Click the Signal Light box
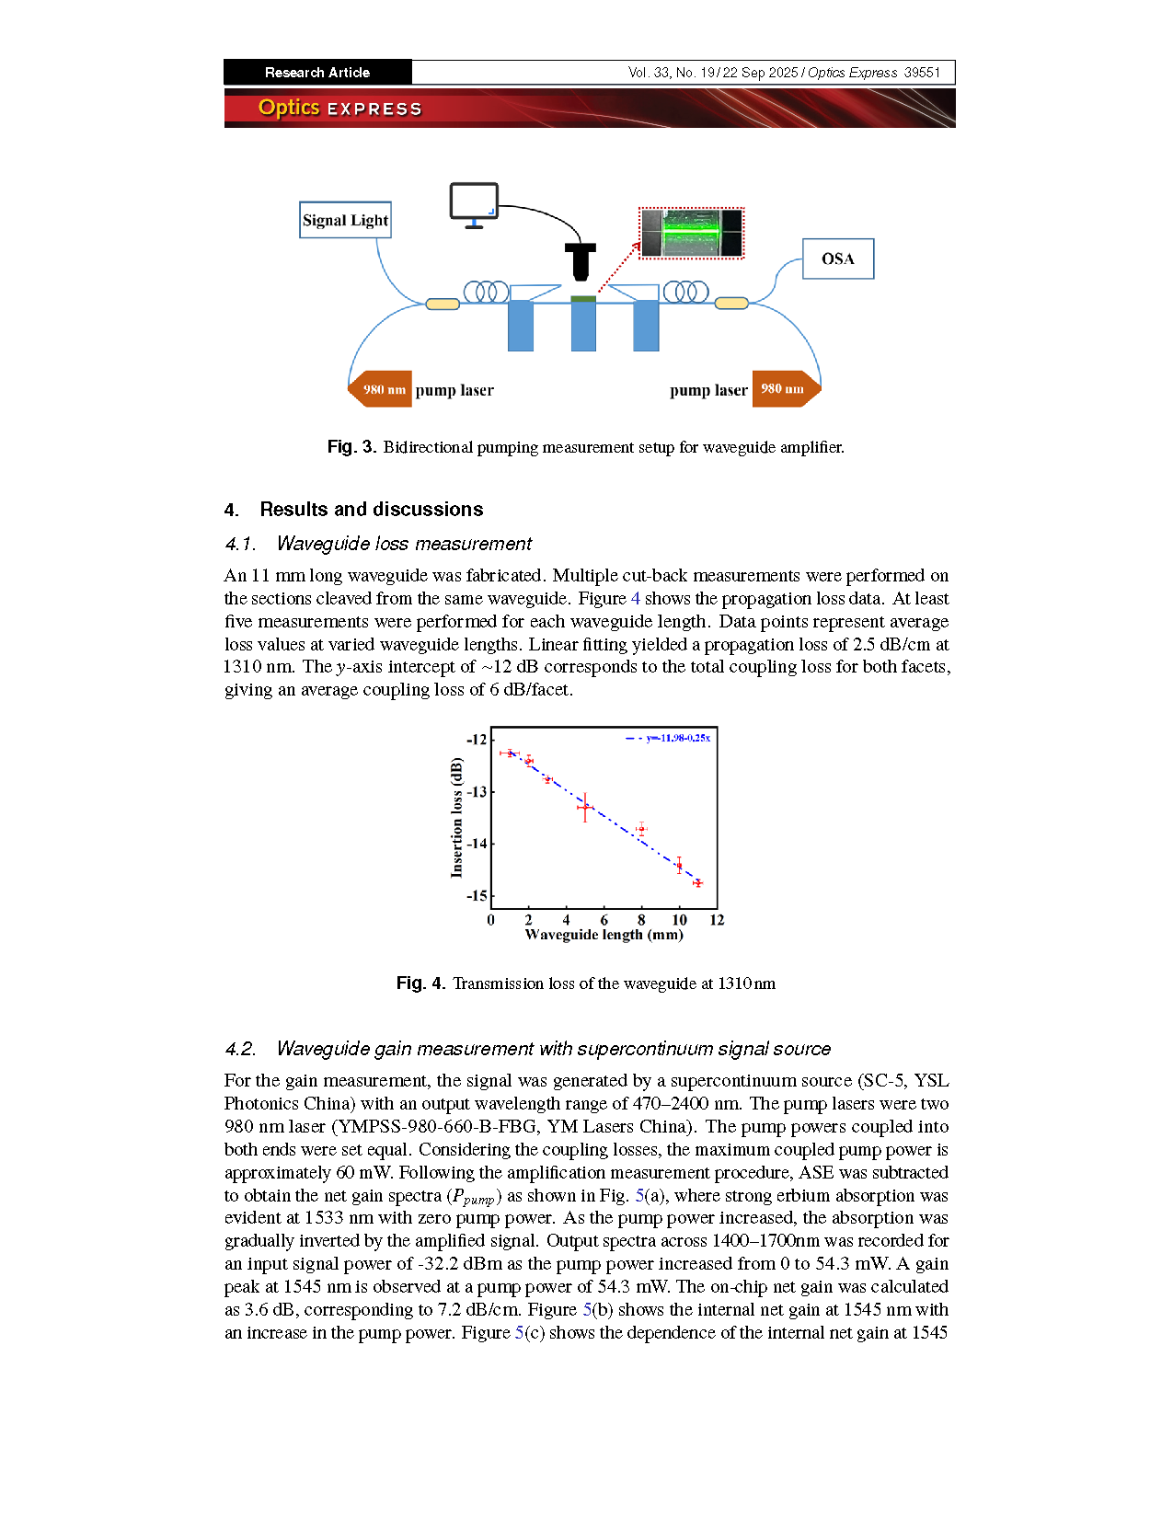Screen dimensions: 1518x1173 345,220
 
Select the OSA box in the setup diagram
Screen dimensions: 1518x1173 837,259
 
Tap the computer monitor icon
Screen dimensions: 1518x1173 474,202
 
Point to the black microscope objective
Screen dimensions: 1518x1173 581,261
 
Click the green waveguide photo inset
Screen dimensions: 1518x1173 692,233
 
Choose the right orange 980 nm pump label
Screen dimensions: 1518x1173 783,388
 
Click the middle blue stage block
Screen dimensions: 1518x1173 583,326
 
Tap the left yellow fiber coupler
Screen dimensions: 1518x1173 443,304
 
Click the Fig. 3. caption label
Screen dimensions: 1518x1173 351,447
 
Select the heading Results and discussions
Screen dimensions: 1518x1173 371,510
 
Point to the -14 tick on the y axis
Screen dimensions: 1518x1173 477,844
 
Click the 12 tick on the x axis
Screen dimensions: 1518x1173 717,920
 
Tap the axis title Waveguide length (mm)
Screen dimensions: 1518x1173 604,935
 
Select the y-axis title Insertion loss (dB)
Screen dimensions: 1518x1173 456,817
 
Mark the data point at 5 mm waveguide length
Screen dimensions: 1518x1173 584,808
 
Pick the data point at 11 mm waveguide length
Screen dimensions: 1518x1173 697,883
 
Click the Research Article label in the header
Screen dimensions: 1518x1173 317,73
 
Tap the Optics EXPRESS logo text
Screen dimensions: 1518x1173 339,109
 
